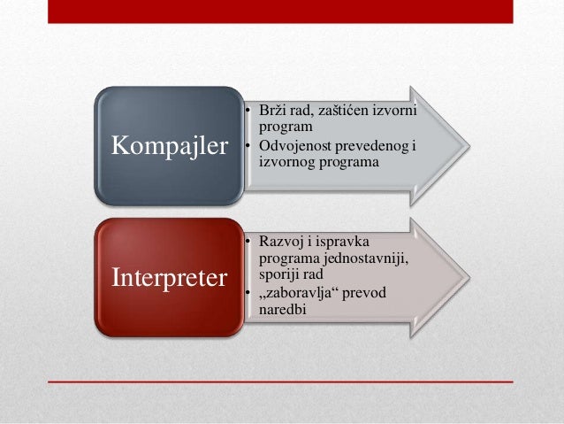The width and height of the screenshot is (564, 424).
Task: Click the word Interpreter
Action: coord(168,277)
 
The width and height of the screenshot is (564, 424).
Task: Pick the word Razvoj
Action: coord(278,241)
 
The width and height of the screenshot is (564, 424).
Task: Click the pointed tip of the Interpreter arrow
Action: coord(469,276)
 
